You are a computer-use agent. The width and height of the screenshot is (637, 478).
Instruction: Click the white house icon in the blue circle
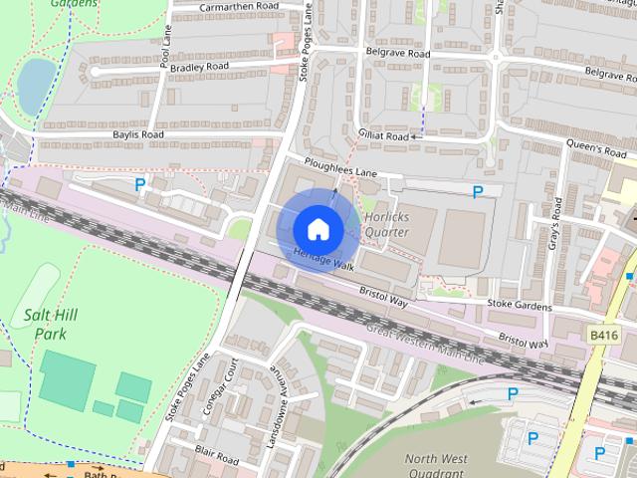click(317, 228)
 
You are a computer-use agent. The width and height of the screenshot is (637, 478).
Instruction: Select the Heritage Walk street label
click(324, 259)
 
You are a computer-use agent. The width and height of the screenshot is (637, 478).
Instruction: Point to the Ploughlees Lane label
click(341, 168)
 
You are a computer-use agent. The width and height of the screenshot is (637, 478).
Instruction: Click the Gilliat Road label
click(383, 135)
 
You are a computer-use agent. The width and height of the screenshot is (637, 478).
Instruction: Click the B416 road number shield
click(602, 336)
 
